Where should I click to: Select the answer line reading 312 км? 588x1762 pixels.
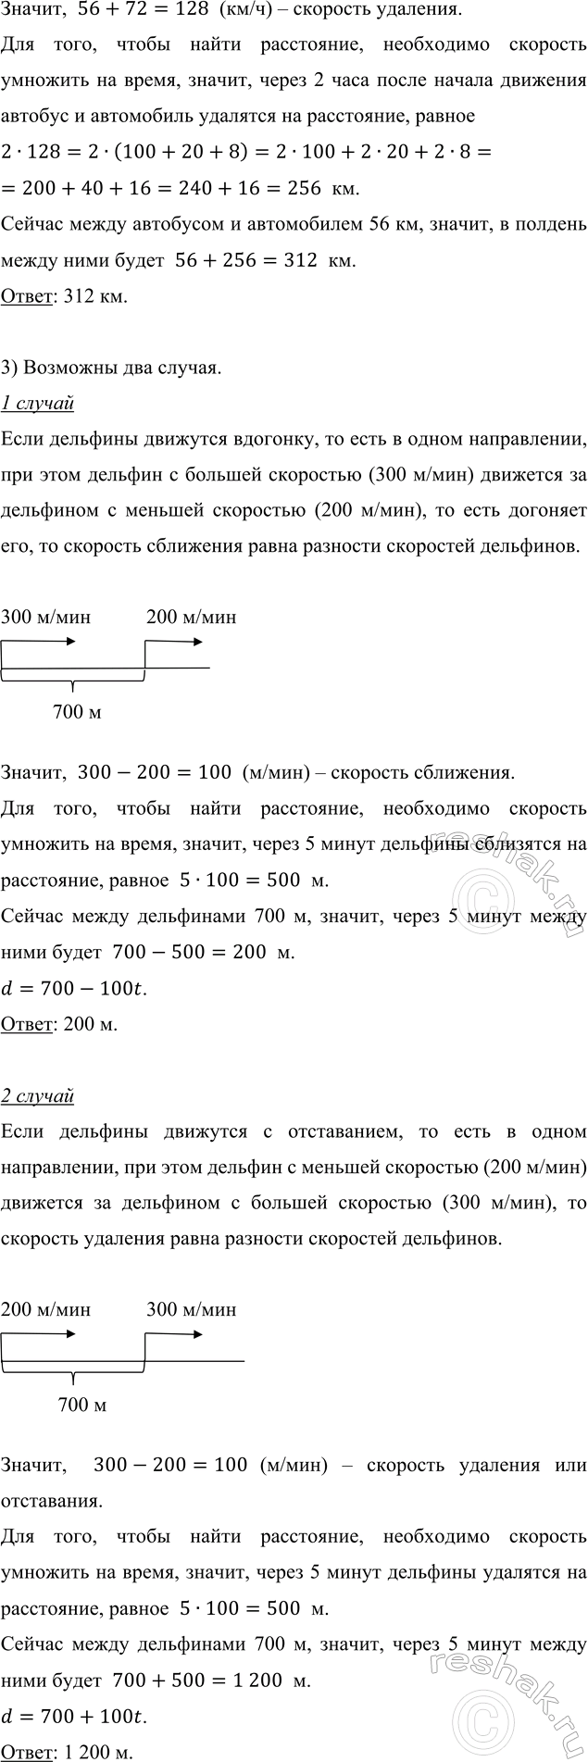pyautogui.click(x=65, y=297)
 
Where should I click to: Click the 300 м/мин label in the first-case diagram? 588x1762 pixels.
pyautogui.click(x=46, y=618)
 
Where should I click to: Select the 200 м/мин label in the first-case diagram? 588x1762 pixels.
pyautogui.click(x=191, y=618)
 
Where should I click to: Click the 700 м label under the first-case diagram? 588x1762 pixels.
pyautogui.click(x=78, y=713)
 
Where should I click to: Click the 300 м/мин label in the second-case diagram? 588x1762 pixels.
pyautogui.click(x=191, y=1310)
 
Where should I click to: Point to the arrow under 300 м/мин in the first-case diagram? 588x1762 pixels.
pyautogui.click(x=46, y=642)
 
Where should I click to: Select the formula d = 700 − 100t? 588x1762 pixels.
pyautogui.click(x=74, y=989)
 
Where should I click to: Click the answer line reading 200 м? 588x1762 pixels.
pyautogui.click(x=59, y=1025)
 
